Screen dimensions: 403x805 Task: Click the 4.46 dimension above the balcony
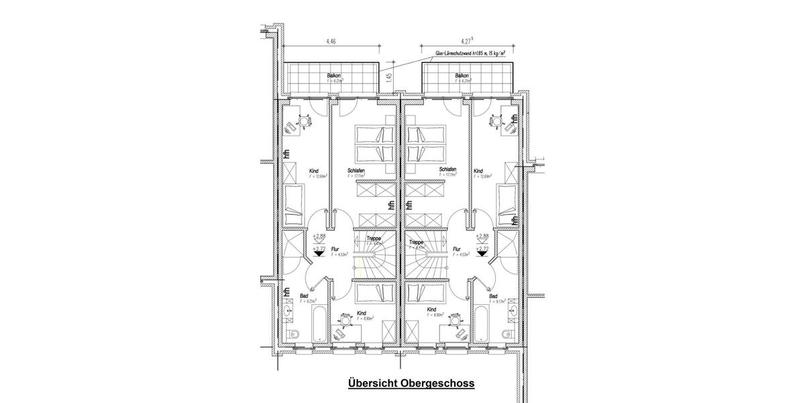pyautogui.click(x=331, y=42)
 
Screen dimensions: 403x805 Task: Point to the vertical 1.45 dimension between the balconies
pyautogui.click(x=388, y=78)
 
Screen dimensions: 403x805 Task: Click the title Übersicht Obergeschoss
pyautogui.click(x=411, y=384)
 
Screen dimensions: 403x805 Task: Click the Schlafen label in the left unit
pyautogui.click(x=356, y=171)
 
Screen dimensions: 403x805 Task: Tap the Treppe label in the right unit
pyautogui.click(x=415, y=242)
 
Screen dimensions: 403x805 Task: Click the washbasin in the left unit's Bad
pyautogui.click(x=289, y=311)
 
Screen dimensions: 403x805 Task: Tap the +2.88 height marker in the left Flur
pyautogui.click(x=319, y=236)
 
